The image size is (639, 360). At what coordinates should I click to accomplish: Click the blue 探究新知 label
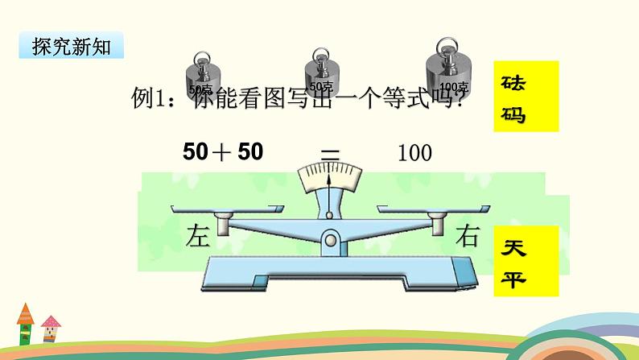[71, 46]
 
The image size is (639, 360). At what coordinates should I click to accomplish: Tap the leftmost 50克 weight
[200, 77]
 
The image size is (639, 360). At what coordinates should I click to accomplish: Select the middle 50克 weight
[321, 75]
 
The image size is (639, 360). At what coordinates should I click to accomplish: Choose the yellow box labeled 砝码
[524, 98]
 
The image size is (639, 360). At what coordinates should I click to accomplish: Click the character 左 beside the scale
[197, 237]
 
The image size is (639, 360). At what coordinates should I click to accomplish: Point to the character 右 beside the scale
[468, 237]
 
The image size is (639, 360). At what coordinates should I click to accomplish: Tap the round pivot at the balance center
[330, 238]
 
